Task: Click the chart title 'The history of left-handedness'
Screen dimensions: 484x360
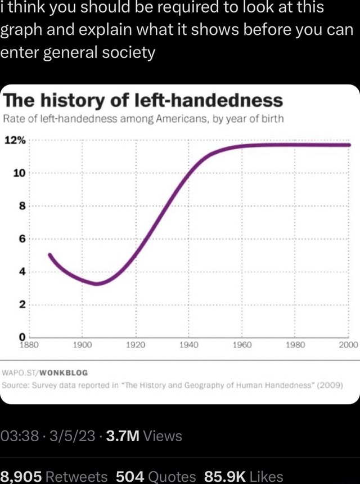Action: click(x=143, y=101)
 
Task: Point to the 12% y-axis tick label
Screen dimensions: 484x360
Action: click(x=15, y=140)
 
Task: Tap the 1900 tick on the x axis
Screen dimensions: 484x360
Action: click(x=83, y=345)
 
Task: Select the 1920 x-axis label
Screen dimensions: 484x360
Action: click(x=136, y=345)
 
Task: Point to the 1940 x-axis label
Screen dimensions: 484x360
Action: click(x=188, y=345)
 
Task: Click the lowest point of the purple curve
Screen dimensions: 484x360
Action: click(x=97, y=284)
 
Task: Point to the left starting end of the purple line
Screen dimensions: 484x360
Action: click(x=49, y=255)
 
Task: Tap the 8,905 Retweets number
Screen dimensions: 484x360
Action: click(x=22, y=476)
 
